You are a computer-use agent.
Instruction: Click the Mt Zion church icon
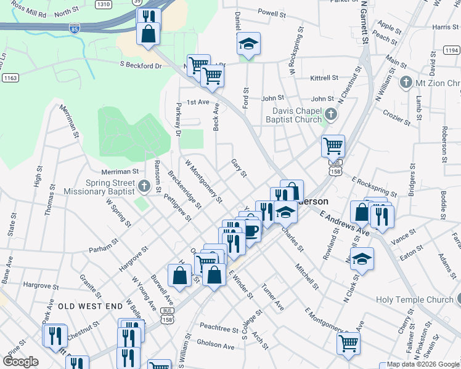coord(406,82)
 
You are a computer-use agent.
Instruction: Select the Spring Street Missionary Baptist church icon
coord(144,185)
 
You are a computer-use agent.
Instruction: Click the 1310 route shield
coord(104,4)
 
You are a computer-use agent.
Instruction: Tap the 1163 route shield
coord(10,77)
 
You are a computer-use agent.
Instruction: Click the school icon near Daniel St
coord(248,44)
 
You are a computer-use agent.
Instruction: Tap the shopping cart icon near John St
coord(333,146)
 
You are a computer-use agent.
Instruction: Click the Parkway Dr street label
coord(178,119)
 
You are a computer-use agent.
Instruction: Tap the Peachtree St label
coord(218,330)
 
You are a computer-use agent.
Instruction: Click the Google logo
coord(21,362)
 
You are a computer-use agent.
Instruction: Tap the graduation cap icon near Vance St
coord(364,259)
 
